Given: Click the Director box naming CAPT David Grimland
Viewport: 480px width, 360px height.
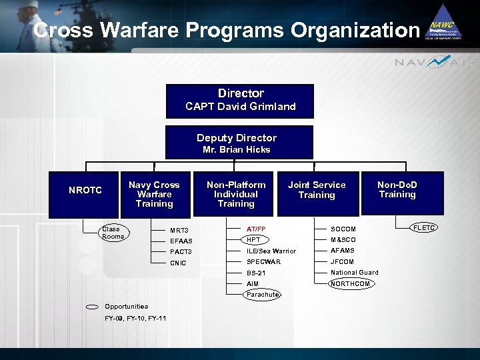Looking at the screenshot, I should [x=240, y=100].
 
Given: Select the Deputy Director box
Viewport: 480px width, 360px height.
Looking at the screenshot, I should [x=239, y=142].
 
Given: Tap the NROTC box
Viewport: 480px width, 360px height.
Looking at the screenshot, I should [x=85, y=191].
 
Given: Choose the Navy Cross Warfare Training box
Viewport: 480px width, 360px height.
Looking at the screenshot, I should [x=154, y=194].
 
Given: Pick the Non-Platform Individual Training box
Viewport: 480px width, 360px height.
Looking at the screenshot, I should [x=236, y=194].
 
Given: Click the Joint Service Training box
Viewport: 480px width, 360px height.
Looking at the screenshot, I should [x=317, y=191].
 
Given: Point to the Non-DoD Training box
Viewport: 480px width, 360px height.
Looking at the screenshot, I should [x=397, y=191].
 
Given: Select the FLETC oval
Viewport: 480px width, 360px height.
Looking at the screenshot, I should [x=425, y=228].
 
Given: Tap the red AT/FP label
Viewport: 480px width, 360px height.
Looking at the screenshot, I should [x=256, y=229].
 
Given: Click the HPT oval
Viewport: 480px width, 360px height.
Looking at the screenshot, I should [x=254, y=239].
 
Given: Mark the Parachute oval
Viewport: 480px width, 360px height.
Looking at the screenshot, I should [x=262, y=294].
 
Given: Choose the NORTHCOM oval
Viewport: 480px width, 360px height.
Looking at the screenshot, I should [x=350, y=283].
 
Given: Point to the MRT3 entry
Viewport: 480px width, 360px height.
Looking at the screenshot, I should [x=179, y=231].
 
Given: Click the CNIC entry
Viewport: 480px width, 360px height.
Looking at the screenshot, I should [x=178, y=263].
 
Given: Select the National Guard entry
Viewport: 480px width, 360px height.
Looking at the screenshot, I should [x=354, y=272].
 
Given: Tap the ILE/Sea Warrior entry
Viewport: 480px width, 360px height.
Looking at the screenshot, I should [x=271, y=251].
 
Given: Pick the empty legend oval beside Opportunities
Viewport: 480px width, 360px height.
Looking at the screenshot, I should [x=93, y=307].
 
